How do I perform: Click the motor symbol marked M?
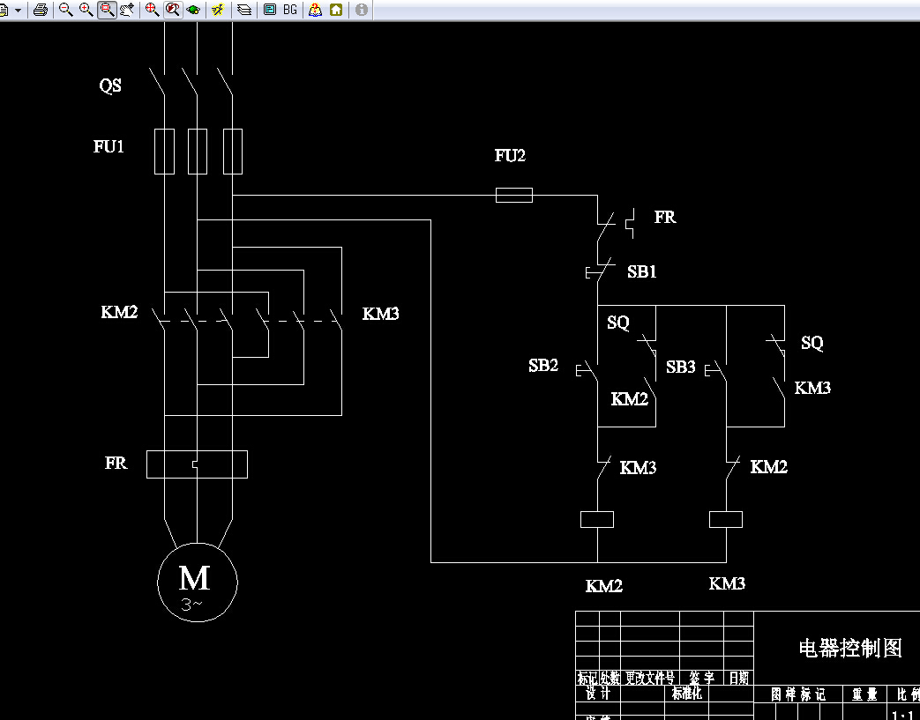pos(197,581)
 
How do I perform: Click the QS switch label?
pos(110,86)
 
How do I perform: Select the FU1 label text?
pos(109,147)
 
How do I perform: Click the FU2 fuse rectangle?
pos(513,195)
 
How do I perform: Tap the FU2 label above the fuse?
pos(510,156)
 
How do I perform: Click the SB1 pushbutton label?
pos(642,272)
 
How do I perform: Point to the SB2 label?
pos(543,366)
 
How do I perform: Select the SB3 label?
pos(681,367)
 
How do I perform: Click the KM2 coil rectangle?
pos(597,519)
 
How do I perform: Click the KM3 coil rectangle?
pos(726,519)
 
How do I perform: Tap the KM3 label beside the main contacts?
pos(381,314)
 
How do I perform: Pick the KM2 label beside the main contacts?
pos(119,312)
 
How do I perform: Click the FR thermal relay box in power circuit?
pos(197,464)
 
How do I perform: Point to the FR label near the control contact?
pos(665,217)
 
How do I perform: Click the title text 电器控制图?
pos(850,649)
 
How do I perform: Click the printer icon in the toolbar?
pos(41,10)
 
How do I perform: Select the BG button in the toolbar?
pos(289,10)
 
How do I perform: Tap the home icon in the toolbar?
pos(336,10)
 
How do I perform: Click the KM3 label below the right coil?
pos(727,583)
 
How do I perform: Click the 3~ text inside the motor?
pos(192,604)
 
